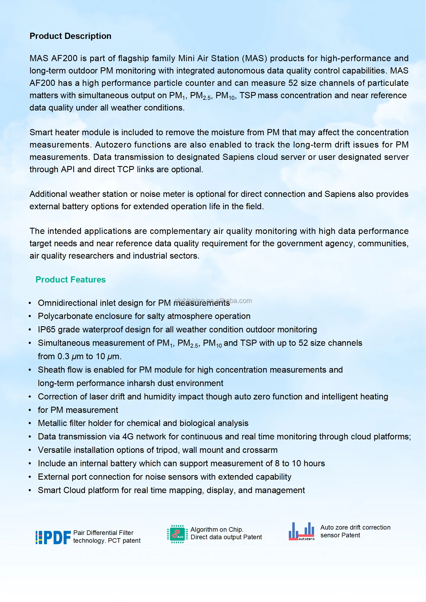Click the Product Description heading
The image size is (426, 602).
tap(70, 36)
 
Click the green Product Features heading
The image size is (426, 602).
tap(71, 280)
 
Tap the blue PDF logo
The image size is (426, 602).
tap(53, 537)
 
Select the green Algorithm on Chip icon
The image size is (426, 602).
tap(177, 534)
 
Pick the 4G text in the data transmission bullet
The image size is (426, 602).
tap(128, 436)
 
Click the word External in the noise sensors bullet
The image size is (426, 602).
tap(53, 477)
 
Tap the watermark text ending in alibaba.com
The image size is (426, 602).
tap(214, 300)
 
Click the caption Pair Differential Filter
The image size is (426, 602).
tap(103, 533)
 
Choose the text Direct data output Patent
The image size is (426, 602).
tap(226, 537)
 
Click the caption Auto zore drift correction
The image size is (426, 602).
tap(355, 527)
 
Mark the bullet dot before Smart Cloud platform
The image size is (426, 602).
tap(30, 490)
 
